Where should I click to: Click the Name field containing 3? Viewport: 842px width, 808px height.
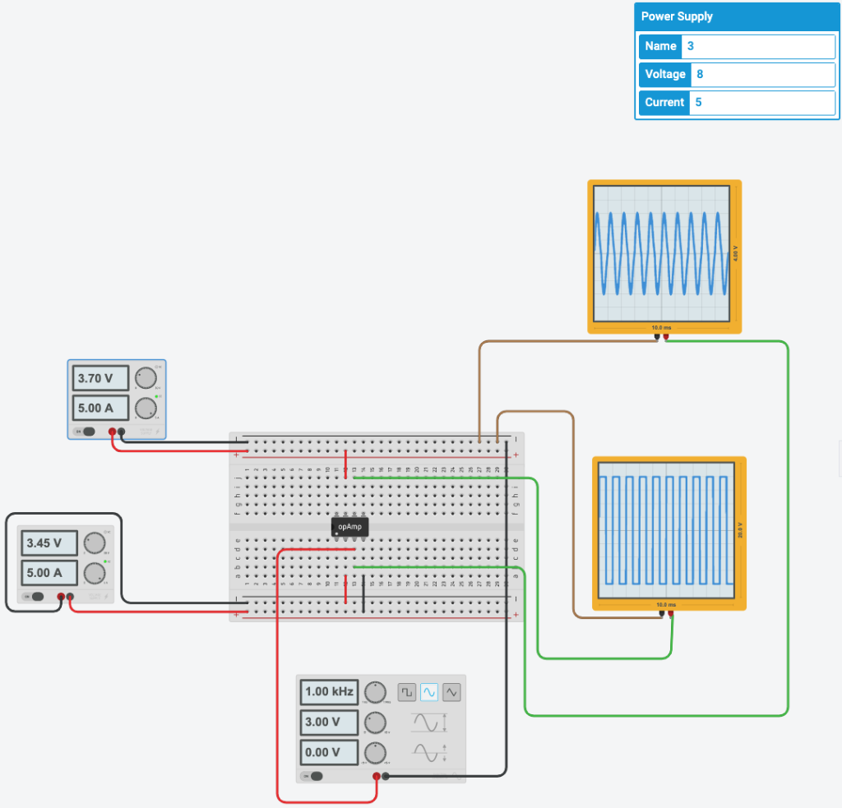[757, 47]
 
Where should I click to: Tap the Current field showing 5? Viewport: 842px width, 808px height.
[761, 103]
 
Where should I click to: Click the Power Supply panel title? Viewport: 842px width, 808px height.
[677, 16]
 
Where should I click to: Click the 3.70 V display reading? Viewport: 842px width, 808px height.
[100, 379]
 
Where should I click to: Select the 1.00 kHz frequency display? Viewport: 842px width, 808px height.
[329, 692]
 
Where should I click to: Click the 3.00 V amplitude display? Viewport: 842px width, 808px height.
[329, 723]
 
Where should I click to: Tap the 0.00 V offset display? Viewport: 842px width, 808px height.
[329, 752]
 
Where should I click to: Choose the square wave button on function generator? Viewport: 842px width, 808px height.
[407, 693]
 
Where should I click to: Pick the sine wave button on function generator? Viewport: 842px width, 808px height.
[429, 693]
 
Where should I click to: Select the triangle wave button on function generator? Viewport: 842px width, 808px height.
[451, 693]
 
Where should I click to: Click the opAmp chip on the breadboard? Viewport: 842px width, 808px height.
[349, 527]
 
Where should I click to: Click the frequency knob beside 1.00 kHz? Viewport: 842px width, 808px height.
[376, 692]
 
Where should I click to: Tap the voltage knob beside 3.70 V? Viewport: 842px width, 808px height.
[146, 378]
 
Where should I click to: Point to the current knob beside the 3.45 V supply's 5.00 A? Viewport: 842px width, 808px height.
[95, 573]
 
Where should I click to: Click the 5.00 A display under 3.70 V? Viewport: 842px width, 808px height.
[100, 408]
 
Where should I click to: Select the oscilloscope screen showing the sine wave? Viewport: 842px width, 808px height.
[661, 253]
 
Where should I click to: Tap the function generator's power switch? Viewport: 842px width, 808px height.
[313, 776]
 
